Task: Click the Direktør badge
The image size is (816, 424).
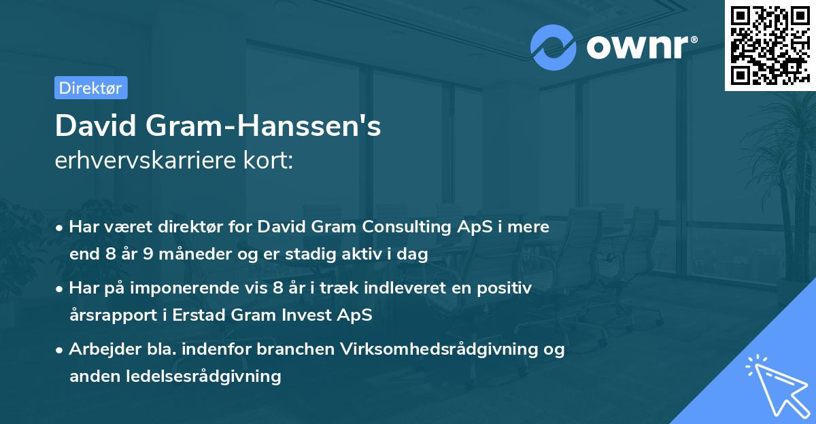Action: tap(90, 88)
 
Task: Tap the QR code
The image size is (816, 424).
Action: tap(769, 45)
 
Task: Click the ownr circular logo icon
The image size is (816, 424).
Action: tap(554, 48)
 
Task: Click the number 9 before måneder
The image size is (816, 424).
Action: tap(147, 255)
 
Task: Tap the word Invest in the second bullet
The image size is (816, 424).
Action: tap(325, 316)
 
